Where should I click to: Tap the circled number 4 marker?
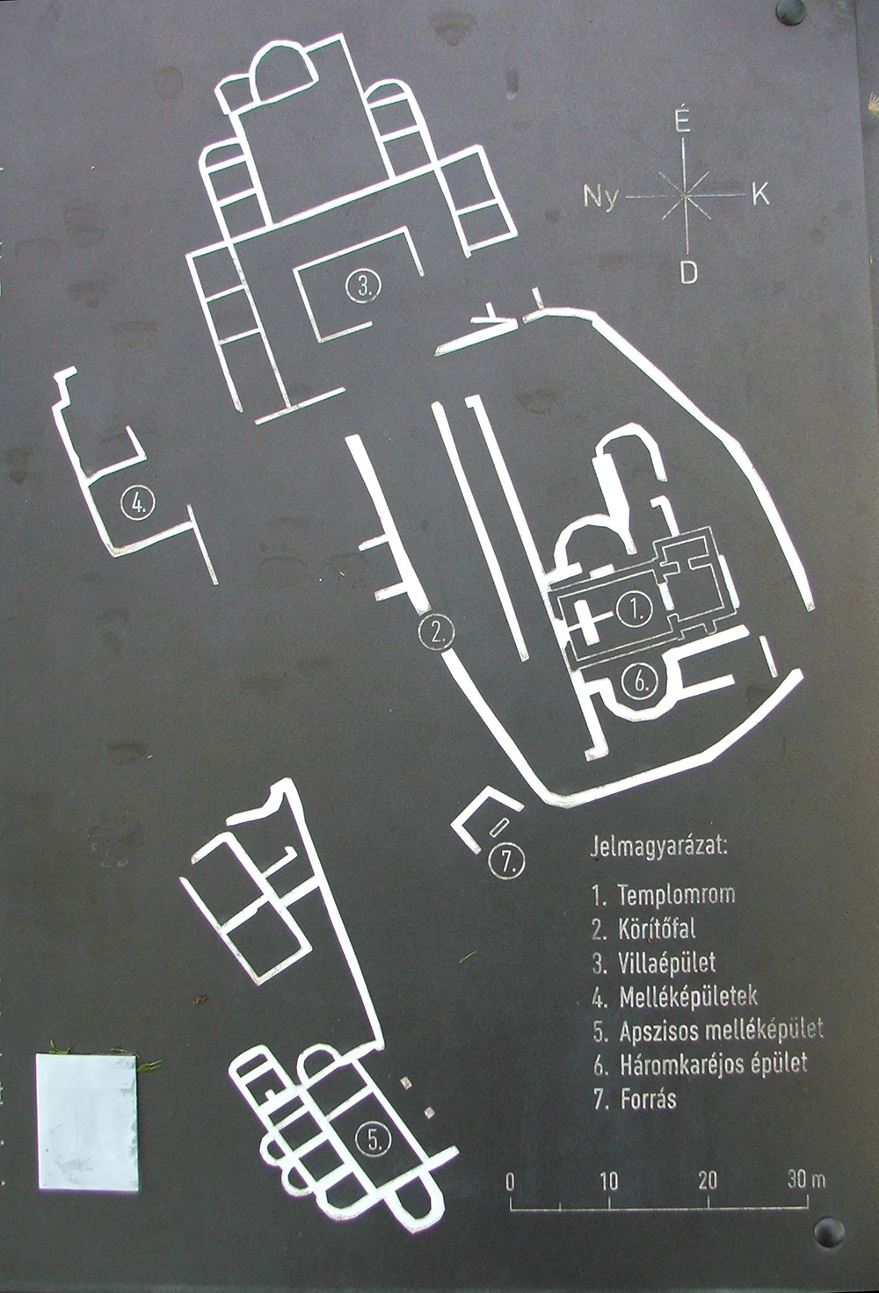point(138,502)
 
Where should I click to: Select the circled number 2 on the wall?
point(437,632)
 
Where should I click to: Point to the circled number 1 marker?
point(634,609)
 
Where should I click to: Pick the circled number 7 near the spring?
point(506,862)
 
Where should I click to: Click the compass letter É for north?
point(683,123)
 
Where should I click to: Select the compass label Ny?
point(600,197)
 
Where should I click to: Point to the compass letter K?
point(760,196)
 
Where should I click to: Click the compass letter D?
point(688,273)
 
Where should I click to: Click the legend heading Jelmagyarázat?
point(659,848)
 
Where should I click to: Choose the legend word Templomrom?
point(676,894)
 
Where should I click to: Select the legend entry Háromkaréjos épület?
point(713,1065)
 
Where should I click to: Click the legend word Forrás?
point(648,1099)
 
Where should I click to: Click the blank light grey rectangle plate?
point(87,1122)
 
